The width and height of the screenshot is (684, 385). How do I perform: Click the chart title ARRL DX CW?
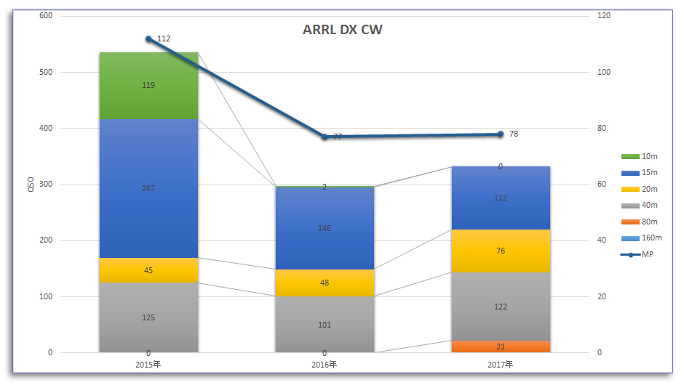tap(342, 30)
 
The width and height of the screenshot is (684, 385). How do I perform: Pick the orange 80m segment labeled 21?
tap(501, 346)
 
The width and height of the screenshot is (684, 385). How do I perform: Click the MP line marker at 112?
tap(148, 38)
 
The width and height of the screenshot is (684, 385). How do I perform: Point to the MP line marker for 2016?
tap(325, 137)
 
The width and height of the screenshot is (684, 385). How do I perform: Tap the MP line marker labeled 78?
tap(501, 134)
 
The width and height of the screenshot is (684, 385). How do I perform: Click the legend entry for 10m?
tap(640, 156)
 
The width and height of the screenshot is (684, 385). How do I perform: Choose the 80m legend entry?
tap(640, 222)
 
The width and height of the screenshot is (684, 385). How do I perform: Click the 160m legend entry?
tap(641, 238)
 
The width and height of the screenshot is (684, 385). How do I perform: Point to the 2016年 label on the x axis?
tap(325, 364)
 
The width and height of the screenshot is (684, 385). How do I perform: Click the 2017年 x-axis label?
tap(501, 364)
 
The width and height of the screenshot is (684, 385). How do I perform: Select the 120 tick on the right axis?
tap(603, 15)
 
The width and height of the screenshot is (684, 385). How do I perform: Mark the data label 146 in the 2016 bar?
tap(325, 228)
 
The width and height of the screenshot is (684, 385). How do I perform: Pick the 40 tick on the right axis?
tap(601, 240)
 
